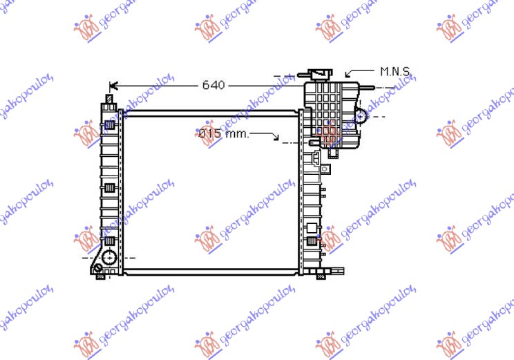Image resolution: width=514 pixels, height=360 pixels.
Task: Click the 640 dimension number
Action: tap(213, 85)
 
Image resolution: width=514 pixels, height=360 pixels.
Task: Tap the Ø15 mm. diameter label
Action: tap(222, 133)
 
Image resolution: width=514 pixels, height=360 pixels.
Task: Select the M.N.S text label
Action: tap(395, 70)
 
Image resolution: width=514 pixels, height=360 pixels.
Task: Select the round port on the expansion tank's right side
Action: tap(361, 115)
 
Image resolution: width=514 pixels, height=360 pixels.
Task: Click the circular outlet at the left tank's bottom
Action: tap(108, 258)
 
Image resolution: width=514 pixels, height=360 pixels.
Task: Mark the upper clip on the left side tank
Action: tap(110, 125)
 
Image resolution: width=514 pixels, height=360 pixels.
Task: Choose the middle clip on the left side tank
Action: tap(110, 187)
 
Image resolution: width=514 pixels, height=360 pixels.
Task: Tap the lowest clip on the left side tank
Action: tap(110, 240)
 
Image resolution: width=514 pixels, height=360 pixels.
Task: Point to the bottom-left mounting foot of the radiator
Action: tap(101, 276)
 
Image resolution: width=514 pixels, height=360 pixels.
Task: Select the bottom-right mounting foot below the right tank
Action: tap(321, 276)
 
